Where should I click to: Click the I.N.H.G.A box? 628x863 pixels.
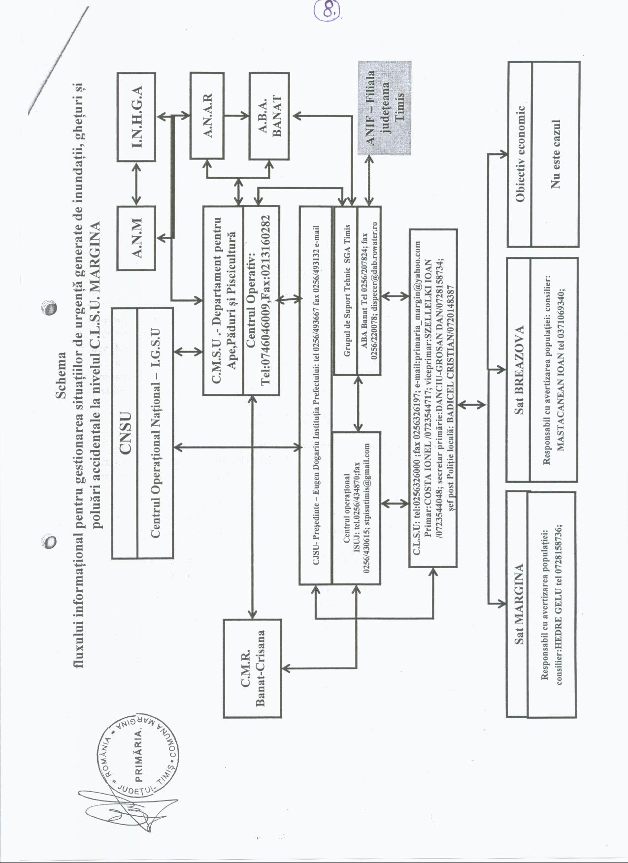point(136,117)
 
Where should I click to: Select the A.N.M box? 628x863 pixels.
point(136,238)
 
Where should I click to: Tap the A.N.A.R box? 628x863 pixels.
point(207,116)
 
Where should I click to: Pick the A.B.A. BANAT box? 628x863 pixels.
point(268,116)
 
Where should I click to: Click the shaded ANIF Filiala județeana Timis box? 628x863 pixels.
point(385,108)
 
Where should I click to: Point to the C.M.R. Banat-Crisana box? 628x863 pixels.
point(253,668)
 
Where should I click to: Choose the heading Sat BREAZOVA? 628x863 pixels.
point(519,370)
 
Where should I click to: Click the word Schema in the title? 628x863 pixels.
point(61,375)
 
